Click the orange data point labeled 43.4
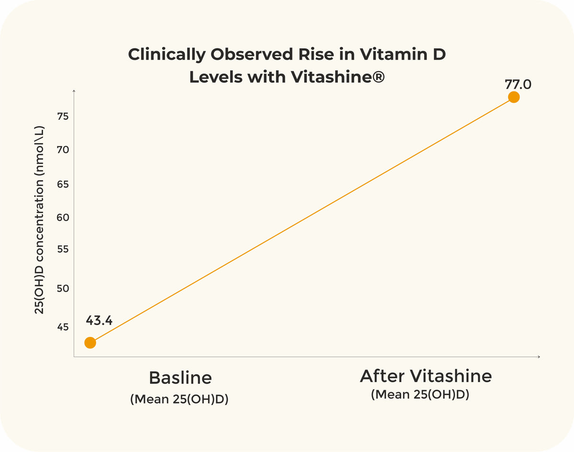(x=90, y=342)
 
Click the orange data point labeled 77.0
(x=514, y=97)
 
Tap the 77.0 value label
(x=518, y=85)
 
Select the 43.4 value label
(x=99, y=320)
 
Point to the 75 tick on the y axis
(x=63, y=116)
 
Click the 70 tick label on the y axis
(x=63, y=150)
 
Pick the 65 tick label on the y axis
(x=63, y=184)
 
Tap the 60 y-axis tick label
(x=63, y=217)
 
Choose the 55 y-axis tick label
(x=63, y=249)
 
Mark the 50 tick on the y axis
(x=63, y=288)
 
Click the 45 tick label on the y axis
(x=63, y=327)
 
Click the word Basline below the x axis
(x=180, y=378)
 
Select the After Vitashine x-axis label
(x=426, y=376)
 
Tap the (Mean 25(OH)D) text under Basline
(x=179, y=399)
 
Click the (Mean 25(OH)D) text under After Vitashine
(x=420, y=395)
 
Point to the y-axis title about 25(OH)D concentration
(x=39, y=220)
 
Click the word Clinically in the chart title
(x=167, y=55)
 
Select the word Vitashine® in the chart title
(x=338, y=77)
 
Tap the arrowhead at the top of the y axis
(x=74, y=91)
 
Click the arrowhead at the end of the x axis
(x=539, y=357)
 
